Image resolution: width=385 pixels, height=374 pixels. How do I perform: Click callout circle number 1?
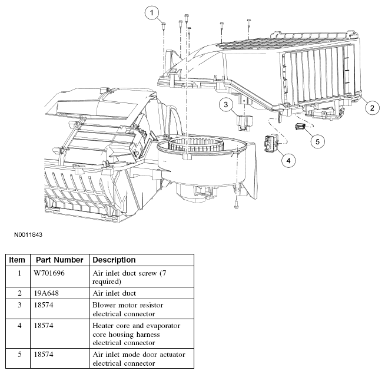[151, 12]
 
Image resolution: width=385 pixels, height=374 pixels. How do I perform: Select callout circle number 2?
[372, 108]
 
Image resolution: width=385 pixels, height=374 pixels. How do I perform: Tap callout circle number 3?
[226, 104]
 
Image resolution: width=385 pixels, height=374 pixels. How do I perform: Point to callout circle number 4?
[288, 160]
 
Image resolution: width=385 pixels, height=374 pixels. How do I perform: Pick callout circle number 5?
[317, 141]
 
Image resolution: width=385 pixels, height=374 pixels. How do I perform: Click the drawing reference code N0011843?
[28, 234]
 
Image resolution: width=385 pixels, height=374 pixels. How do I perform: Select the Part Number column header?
[59, 260]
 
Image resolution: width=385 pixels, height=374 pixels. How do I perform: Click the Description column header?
[114, 260]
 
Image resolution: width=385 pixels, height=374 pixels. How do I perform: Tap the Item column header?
[17, 260]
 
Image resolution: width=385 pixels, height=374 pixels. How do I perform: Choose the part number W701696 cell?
[49, 273]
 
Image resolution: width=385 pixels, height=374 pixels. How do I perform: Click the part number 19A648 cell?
[47, 293]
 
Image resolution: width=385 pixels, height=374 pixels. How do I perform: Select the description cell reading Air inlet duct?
[114, 293]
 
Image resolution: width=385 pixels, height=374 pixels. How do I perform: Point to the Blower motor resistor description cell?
[128, 309]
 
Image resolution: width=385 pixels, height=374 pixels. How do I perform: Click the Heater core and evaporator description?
[136, 334]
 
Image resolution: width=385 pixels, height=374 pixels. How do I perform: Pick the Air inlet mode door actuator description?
[139, 359]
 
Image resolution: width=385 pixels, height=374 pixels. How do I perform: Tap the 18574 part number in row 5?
[44, 355]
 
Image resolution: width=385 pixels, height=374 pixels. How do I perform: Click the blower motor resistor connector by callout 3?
[242, 122]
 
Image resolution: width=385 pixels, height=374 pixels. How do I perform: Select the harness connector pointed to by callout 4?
[271, 143]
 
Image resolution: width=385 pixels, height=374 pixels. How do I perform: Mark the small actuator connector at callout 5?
[300, 126]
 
